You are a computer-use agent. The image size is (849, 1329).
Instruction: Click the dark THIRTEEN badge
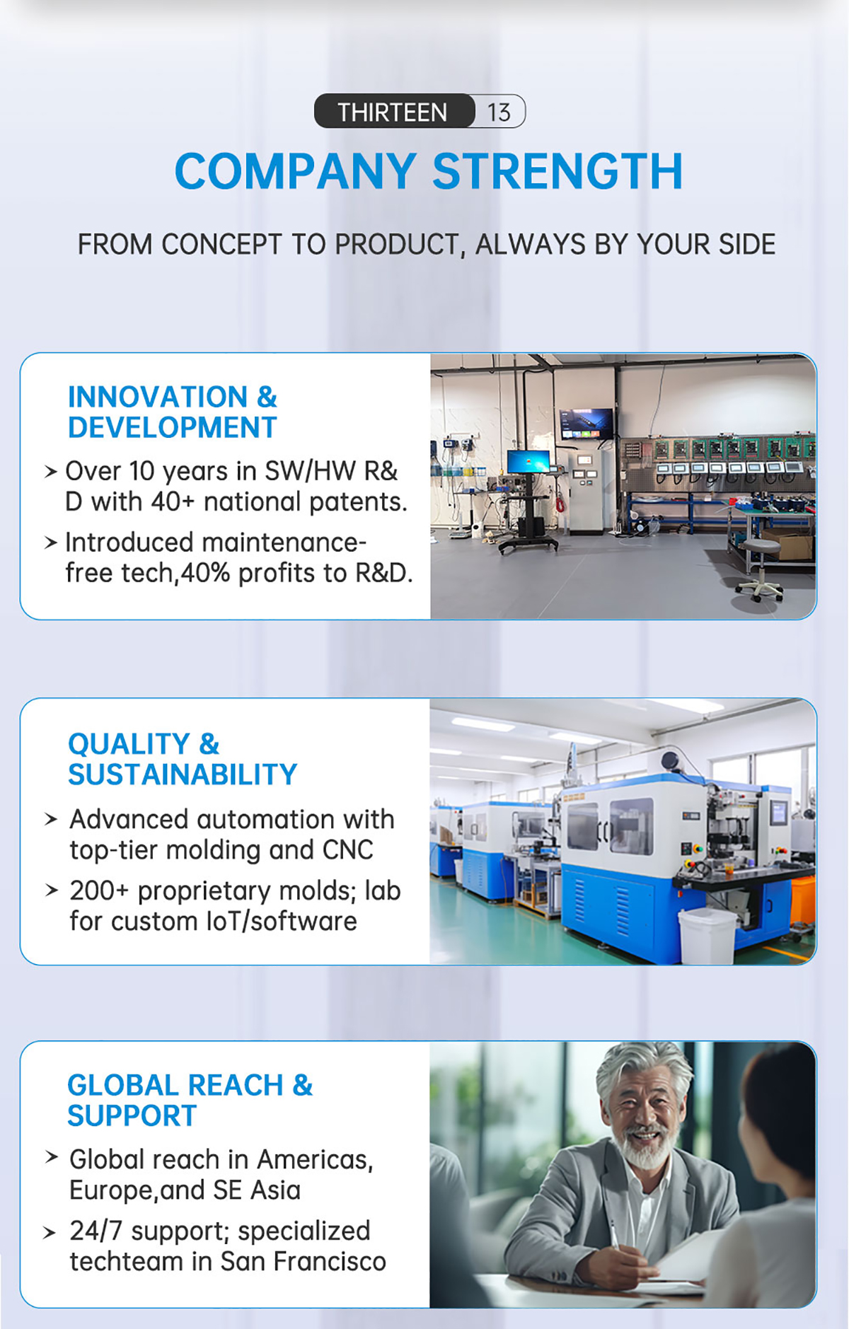tap(394, 111)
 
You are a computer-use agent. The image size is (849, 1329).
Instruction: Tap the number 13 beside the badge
tap(499, 112)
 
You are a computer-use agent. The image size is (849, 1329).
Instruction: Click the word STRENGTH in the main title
tap(558, 172)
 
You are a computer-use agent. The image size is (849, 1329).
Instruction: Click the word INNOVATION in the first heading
tap(158, 397)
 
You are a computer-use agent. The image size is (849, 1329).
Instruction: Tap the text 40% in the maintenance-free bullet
tap(205, 573)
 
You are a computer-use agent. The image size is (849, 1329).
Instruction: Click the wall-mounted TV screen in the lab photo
tap(587, 424)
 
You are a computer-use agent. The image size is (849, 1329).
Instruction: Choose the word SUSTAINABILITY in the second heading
tap(183, 774)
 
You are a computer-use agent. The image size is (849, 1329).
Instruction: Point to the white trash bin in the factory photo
tap(707, 934)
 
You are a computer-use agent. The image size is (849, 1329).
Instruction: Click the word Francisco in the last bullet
tap(330, 1262)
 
